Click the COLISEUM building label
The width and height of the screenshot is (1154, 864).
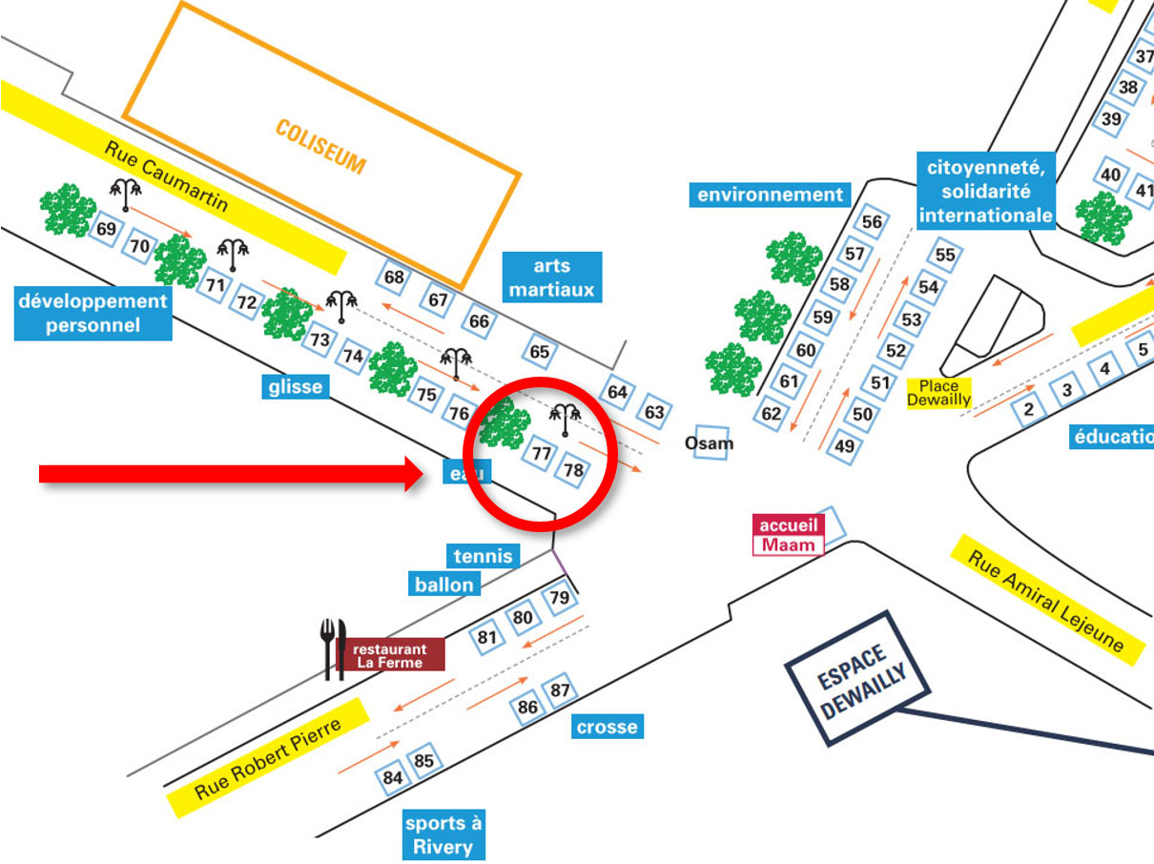click(x=320, y=146)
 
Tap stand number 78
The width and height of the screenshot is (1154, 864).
click(x=573, y=470)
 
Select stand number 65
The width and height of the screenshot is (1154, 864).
click(x=540, y=352)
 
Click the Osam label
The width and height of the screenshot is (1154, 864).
click(x=710, y=442)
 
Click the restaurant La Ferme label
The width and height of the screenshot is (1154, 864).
click(x=391, y=655)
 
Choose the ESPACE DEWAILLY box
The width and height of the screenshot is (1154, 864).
click(x=846, y=677)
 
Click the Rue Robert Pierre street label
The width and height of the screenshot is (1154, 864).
click(x=267, y=757)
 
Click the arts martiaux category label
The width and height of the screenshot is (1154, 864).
click(x=551, y=278)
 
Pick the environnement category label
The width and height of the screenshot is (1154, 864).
click(x=770, y=195)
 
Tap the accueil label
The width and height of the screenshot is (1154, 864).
click(x=789, y=525)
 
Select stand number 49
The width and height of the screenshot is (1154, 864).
click(x=844, y=445)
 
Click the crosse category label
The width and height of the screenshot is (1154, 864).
click(x=607, y=727)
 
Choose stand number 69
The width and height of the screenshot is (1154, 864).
click(x=107, y=229)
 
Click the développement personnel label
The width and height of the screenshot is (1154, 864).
click(x=93, y=313)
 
